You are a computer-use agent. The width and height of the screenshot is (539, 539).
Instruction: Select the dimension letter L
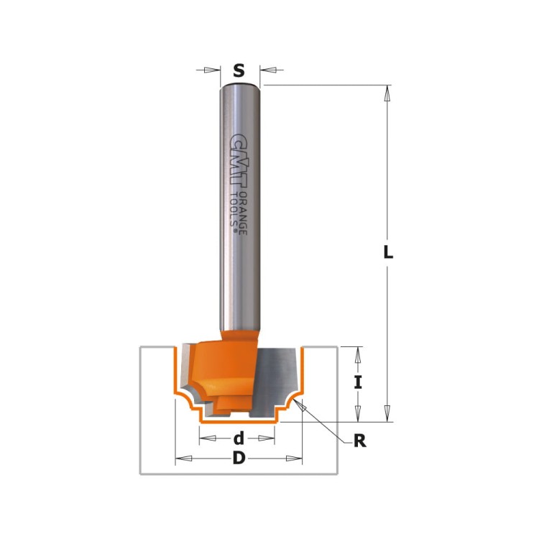pos(387,252)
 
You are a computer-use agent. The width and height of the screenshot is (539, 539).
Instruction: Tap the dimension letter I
pos(357,382)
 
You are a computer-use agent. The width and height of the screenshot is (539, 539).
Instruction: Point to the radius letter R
pos(359,441)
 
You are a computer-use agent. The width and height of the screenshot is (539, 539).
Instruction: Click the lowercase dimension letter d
pos(239,438)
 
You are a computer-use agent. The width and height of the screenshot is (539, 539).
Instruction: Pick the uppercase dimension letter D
pos(239,459)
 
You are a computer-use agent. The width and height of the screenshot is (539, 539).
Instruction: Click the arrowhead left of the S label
pos(211,70)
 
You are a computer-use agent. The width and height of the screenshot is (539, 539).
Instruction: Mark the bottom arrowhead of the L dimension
pos(387,413)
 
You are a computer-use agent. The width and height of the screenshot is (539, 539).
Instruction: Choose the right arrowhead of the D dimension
pos(295,459)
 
